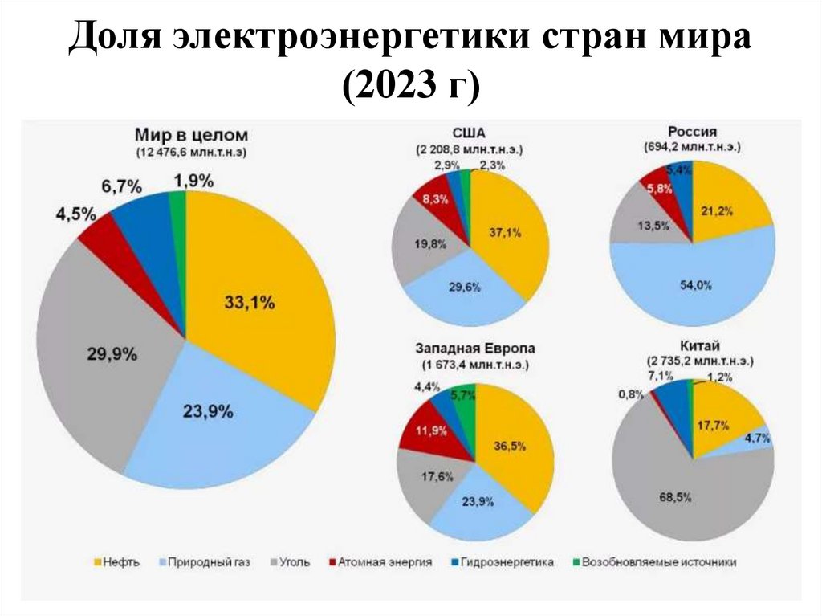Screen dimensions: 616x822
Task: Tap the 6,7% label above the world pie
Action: [121, 187]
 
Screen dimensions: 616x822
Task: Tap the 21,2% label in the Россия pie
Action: [717, 211]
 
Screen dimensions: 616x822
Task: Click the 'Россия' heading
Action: [692, 131]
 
